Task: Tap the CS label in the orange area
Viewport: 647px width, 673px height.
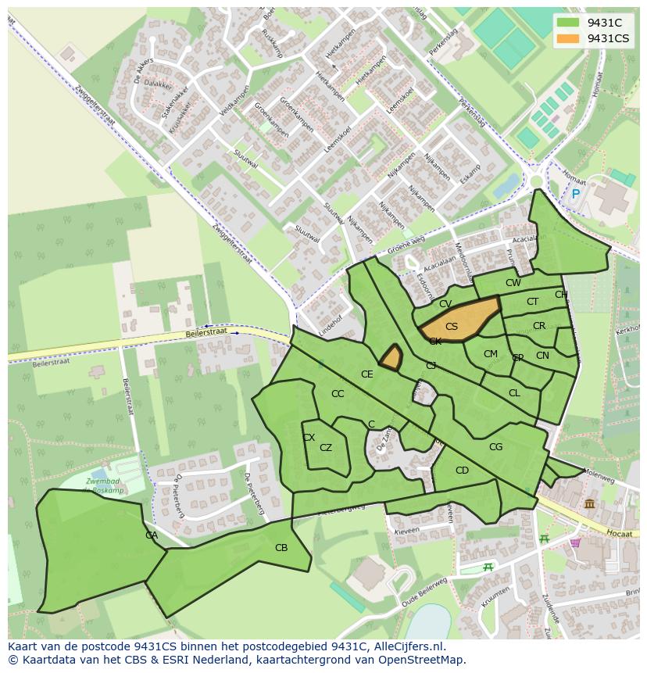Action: [452, 327]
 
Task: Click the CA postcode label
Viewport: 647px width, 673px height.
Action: [152, 535]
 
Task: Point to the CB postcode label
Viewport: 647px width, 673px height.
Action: [281, 548]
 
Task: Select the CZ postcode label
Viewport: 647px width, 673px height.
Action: [326, 448]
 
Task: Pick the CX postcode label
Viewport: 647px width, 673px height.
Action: [309, 438]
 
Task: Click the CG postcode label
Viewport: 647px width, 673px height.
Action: [495, 447]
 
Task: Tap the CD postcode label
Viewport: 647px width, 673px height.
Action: [462, 471]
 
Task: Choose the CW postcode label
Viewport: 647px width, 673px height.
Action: [513, 283]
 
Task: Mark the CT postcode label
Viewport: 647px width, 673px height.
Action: [532, 302]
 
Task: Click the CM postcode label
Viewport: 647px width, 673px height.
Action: [490, 354]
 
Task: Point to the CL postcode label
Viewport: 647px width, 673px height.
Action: [514, 393]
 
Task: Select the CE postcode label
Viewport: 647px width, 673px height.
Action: [366, 374]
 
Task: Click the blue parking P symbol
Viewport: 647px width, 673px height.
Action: [576, 194]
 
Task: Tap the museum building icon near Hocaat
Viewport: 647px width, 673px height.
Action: [588, 504]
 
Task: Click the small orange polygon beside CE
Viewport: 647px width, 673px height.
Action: [391, 357]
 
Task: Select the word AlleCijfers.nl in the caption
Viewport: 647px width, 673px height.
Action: [407, 646]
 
